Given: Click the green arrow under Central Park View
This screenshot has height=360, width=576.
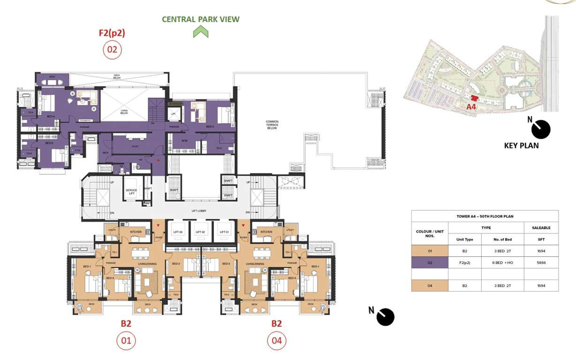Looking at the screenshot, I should [201, 32].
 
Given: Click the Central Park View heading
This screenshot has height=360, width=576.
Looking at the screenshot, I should [201, 19].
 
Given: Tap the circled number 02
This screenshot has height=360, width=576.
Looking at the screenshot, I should [112, 49].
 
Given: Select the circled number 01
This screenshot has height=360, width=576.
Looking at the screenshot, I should [126, 341].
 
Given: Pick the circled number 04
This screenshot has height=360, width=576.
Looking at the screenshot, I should [277, 341].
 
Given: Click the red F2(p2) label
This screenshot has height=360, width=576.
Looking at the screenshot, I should [112, 33].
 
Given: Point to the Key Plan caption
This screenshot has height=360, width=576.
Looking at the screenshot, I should [521, 145].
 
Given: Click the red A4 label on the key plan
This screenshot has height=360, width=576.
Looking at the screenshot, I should [471, 107].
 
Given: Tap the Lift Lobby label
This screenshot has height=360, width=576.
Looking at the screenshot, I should [199, 211].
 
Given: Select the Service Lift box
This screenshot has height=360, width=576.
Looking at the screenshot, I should [131, 191].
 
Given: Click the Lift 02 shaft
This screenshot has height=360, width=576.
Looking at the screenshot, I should [200, 232].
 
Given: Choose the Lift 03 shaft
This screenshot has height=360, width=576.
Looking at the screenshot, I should [177, 232].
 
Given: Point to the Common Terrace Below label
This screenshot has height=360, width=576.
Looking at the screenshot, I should [272, 125].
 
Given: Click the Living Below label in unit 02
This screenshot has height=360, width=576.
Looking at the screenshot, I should [124, 112].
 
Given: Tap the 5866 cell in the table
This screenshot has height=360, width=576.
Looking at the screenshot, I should [541, 262].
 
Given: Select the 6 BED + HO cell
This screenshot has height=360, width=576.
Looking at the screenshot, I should [502, 262].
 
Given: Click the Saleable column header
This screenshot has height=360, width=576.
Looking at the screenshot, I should [541, 227].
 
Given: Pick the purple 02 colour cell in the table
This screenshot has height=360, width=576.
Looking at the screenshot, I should [430, 262].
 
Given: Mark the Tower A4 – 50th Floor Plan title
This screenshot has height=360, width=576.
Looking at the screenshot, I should [485, 216].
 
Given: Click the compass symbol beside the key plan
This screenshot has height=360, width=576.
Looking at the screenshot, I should [540, 129].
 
